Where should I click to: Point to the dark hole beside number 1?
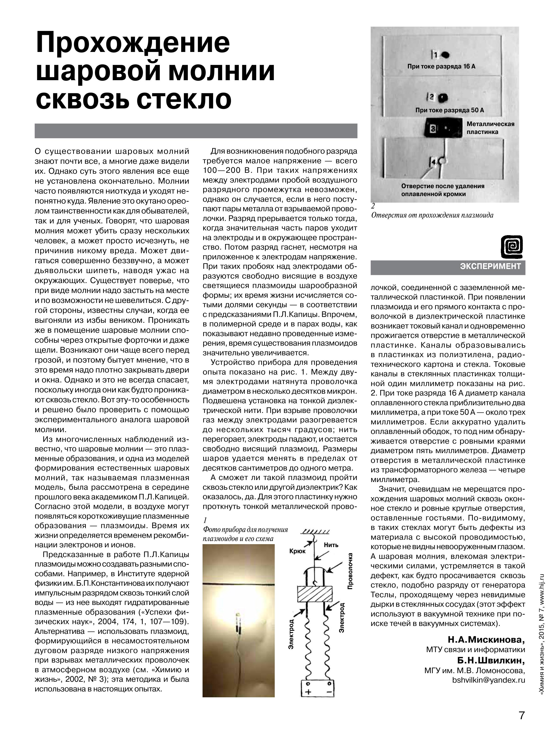(445, 54)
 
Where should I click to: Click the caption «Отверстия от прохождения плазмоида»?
(432, 215)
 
